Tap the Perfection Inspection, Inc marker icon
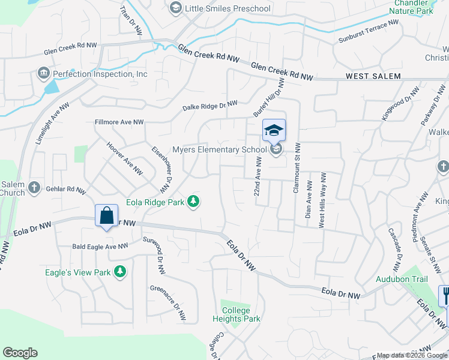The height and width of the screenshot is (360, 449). point(43,74)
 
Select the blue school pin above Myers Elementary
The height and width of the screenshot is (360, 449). point(274,130)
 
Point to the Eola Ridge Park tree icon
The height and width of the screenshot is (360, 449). point(193,202)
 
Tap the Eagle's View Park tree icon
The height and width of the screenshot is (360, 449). point(120,272)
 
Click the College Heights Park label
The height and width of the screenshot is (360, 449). point(237,314)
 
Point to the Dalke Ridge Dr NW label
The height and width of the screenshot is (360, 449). point(210,106)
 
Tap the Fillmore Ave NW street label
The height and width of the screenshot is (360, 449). point(119,122)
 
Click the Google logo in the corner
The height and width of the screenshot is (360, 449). point(20,353)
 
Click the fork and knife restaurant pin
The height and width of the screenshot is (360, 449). point(445,295)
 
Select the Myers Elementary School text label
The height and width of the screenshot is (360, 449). point(218,150)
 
